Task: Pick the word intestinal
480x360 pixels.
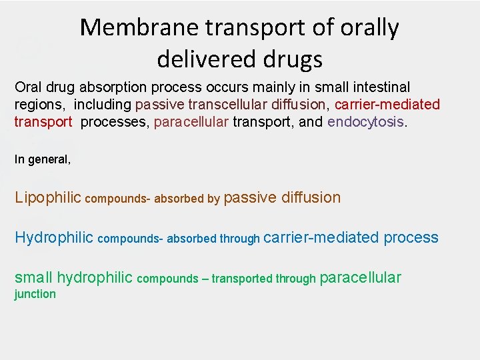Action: point(380,87)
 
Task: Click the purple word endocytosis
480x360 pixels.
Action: point(366,122)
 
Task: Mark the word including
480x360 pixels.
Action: point(104,105)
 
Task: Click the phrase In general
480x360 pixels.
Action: point(42,159)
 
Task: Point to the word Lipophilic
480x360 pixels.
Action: point(47,198)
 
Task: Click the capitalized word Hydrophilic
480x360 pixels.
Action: point(53,238)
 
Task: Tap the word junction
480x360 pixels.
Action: point(35,294)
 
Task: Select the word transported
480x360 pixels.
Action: point(241,279)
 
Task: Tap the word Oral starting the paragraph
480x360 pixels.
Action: point(27,87)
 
